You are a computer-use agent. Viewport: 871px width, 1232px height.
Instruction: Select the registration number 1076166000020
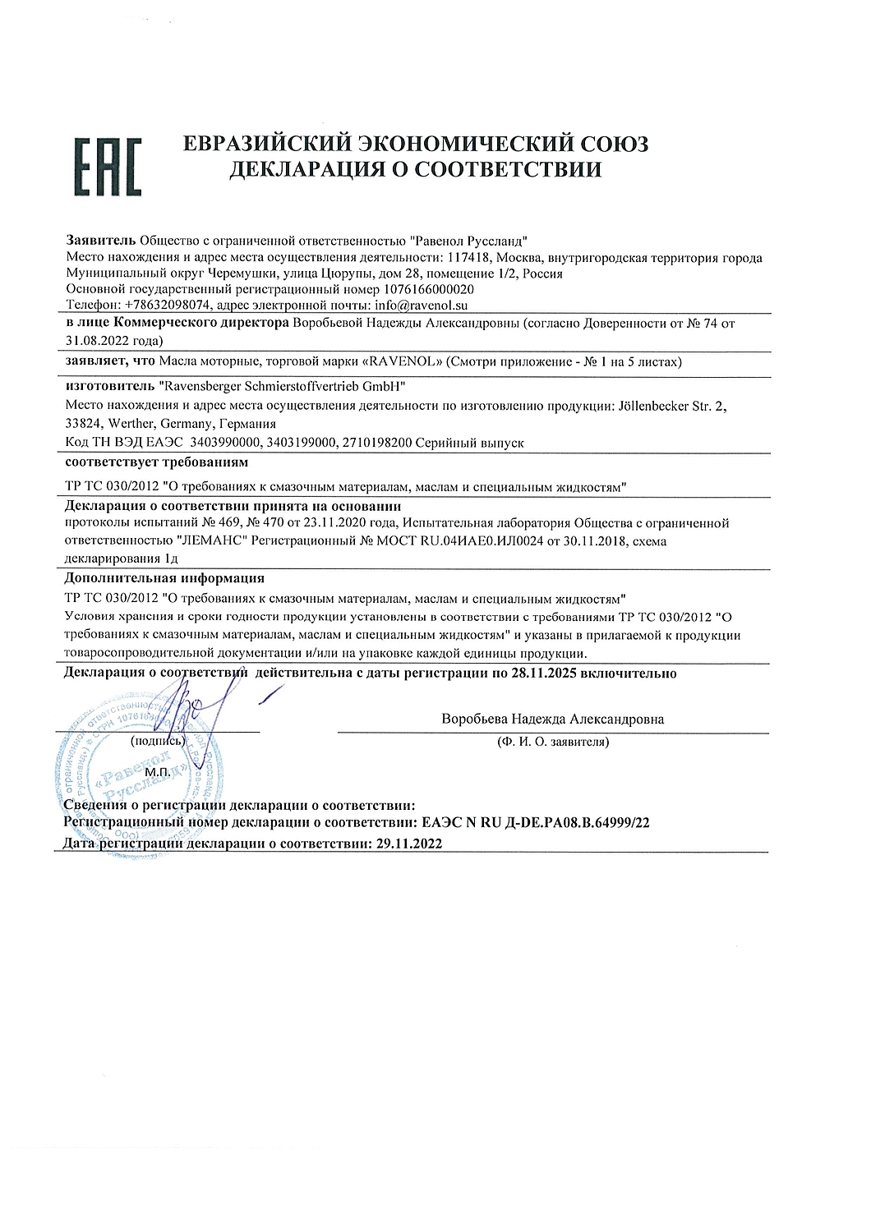428,290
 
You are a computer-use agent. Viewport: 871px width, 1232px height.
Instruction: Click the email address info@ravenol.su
421,306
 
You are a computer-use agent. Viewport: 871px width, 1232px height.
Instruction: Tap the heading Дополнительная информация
164,578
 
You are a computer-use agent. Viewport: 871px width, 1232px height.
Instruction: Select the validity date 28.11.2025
545,673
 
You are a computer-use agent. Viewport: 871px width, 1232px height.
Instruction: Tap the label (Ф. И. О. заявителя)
552,742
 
